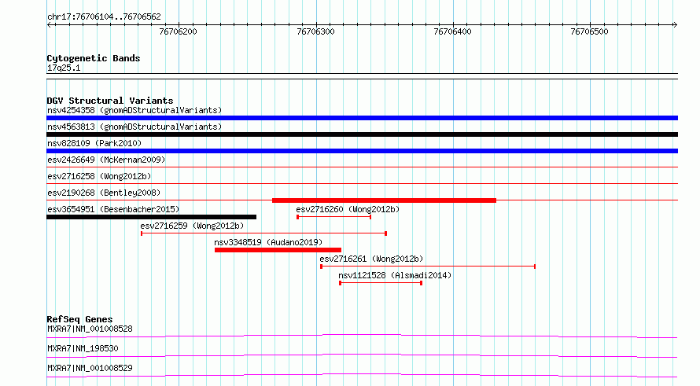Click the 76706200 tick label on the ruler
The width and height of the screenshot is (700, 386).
point(178,31)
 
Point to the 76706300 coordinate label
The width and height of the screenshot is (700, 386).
point(315,31)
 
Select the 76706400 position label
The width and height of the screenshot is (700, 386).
point(452,31)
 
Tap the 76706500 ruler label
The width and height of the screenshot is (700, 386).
point(589,31)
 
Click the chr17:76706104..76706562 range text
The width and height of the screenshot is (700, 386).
point(104,17)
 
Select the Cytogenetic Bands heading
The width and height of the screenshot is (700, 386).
point(94,58)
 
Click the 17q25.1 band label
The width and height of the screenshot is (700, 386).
point(64,68)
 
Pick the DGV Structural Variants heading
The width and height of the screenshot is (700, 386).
point(110,101)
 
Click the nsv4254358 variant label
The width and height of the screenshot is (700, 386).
point(71,110)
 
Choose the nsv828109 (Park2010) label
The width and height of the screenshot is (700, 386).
point(94,143)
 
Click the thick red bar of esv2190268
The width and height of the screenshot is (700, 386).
point(384,200)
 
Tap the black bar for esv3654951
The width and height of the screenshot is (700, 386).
point(151,217)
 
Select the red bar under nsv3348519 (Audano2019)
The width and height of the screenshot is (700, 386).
point(278,250)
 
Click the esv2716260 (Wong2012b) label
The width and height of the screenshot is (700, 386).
point(348,209)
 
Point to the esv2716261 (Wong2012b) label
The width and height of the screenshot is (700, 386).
point(371,259)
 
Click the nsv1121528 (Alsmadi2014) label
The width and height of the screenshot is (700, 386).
point(395,275)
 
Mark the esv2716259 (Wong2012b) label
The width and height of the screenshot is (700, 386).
point(192,226)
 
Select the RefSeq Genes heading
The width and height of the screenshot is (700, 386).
point(80,319)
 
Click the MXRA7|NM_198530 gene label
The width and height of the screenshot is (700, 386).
point(83,348)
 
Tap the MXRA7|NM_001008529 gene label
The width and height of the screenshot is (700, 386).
point(90,368)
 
